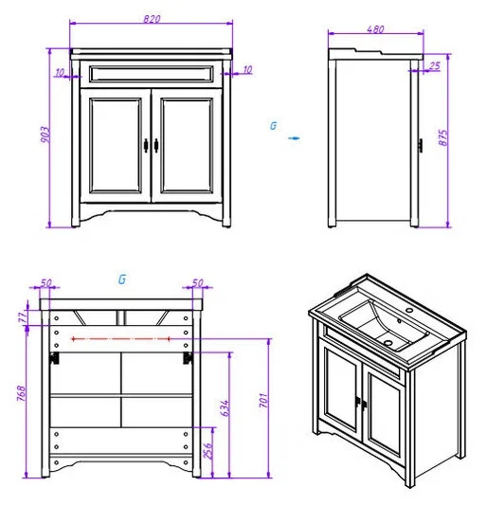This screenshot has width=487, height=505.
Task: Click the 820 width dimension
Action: (152, 19)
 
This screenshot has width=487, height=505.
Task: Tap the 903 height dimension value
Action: (45, 135)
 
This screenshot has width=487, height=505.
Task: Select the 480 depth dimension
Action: (375, 29)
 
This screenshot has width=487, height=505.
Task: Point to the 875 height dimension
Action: (443, 137)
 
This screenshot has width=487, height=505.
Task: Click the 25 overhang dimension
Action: (435, 66)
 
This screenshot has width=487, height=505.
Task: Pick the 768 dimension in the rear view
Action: (21, 393)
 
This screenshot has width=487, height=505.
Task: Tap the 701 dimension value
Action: (263, 401)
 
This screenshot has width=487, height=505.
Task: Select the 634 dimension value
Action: (225, 408)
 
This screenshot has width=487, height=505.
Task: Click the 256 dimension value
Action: (208, 451)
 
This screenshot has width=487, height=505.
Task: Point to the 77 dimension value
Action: (23, 318)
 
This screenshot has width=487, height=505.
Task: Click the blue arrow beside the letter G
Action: (294, 138)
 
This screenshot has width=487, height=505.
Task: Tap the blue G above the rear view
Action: (122, 280)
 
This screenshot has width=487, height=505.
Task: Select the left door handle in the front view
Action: (146, 146)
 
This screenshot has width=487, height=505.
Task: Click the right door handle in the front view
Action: (156, 146)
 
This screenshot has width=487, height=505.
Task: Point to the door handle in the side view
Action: (421, 146)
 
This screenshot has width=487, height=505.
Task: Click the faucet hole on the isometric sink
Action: (409, 311)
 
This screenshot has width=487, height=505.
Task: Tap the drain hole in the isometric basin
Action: (388, 343)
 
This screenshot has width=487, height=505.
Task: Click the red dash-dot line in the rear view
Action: (120, 338)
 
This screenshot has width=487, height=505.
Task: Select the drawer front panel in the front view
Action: (151, 74)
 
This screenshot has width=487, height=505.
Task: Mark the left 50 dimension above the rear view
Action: (45, 282)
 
